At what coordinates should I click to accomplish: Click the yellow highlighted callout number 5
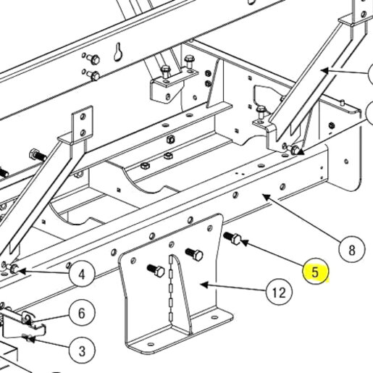[x=316, y=272]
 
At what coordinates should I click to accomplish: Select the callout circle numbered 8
[x=352, y=250]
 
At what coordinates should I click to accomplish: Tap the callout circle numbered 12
[x=280, y=293]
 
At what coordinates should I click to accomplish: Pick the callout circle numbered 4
[x=82, y=274]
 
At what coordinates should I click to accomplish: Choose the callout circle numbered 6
[x=82, y=313]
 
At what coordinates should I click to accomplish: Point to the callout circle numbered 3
[x=82, y=351]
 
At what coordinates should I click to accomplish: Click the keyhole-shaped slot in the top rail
[x=117, y=52]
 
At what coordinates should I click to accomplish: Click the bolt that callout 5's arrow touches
[x=232, y=238]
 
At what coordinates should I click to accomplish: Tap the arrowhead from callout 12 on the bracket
[x=204, y=285]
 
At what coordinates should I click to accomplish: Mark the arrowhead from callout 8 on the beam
[x=267, y=197]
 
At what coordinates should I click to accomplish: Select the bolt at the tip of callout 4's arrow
[x=13, y=268]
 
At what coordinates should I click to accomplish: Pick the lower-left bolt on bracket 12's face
[x=156, y=270]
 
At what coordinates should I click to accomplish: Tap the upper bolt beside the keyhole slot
[x=93, y=59]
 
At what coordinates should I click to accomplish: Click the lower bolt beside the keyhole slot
[x=93, y=75]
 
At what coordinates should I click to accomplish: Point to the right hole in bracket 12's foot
[x=214, y=317]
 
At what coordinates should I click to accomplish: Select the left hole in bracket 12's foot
[x=151, y=344]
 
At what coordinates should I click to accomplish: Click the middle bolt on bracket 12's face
[x=194, y=254]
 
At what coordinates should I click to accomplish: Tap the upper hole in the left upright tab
[x=83, y=117]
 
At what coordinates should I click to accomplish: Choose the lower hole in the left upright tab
[x=83, y=133]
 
